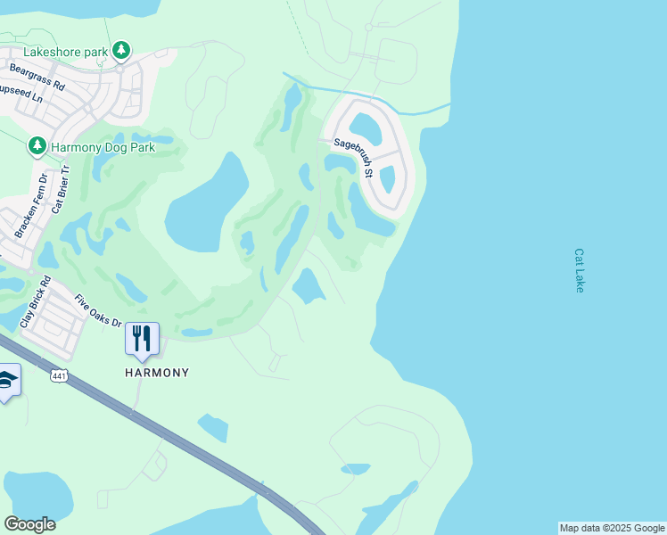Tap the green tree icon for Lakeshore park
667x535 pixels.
tap(122, 51)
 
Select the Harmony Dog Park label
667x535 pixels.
tap(103, 146)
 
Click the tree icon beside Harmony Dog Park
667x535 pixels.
tap(37, 145)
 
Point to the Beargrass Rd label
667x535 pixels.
tap(37, 77)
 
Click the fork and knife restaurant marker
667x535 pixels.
tap(142, 339)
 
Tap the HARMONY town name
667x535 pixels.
tap(157, 373)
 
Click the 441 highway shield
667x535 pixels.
tap(59, 376)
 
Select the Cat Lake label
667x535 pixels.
tap(580, 270)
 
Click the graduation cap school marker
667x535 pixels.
tap(7, 380)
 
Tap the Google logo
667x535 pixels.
tap(29, 523)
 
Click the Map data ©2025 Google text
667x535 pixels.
tap(612, 528)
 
